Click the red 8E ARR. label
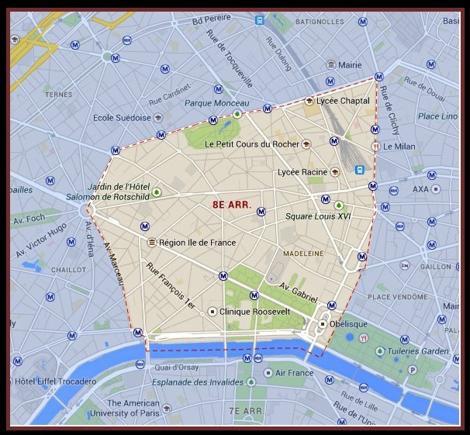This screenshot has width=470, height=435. coord(231,205)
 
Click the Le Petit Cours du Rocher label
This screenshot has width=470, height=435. coord(252,143)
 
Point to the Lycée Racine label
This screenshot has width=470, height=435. coord(303,172)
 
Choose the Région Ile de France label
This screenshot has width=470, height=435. coord(197,243)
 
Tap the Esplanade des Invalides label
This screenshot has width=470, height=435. coord(193,381)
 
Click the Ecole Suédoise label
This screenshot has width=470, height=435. coord(122,118)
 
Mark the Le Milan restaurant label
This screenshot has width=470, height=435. coord(399,146)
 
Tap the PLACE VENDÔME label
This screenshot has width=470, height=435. coord(400,296)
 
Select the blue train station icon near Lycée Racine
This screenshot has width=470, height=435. coord(359,169)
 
